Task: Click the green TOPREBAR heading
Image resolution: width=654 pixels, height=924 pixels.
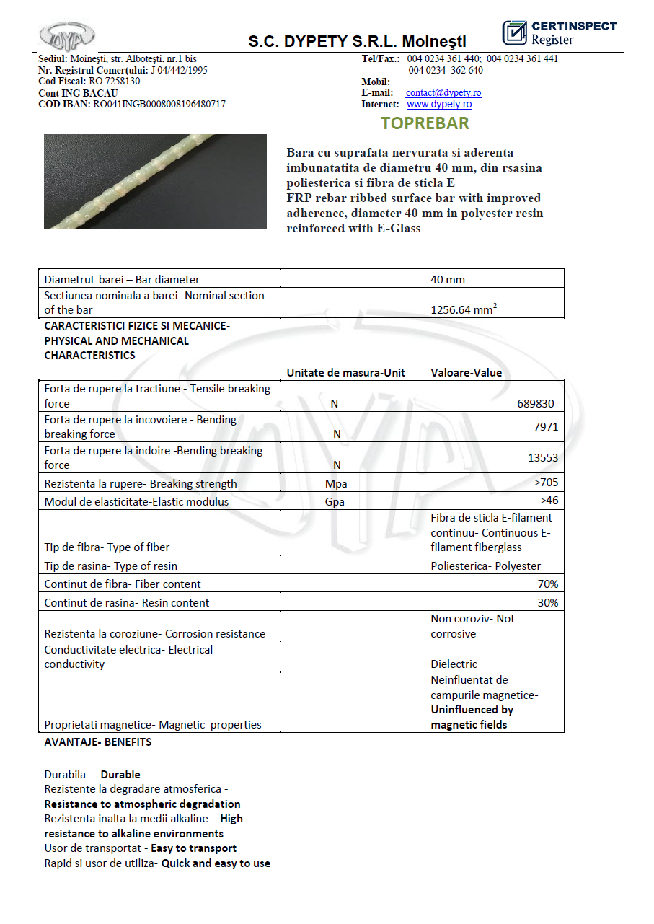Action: coord(425,123)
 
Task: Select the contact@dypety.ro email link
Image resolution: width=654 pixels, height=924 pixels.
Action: coord(443,93)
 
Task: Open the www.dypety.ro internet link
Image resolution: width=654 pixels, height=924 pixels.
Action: coord(439,105)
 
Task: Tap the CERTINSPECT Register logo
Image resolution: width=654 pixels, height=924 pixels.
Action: coord(560,32)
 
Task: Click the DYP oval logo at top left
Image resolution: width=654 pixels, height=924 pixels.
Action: coord(67,35)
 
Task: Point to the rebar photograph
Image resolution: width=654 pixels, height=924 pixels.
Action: coord(155,181)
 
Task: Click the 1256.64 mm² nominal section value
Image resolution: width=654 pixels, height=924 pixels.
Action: coord(464,310)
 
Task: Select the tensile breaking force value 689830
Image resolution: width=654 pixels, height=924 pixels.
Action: coord(536,404)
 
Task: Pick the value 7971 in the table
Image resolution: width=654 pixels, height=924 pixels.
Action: coord(546,426)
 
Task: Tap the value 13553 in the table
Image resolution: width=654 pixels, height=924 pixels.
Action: coord(543,457)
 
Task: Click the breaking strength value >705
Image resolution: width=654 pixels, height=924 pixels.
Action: coord(546,483)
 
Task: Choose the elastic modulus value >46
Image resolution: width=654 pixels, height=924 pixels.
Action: coord(549,501)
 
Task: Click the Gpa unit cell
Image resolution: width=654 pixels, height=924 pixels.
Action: coord(335,502)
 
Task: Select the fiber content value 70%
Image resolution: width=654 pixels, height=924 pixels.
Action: coord(547,584)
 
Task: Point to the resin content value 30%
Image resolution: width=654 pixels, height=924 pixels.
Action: coord(547,602)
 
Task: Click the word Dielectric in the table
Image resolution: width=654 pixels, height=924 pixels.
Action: coord(454,664)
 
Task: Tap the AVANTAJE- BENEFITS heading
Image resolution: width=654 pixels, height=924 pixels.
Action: coord(98,742)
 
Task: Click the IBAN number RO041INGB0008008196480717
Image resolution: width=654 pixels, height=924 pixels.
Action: coord(159,105)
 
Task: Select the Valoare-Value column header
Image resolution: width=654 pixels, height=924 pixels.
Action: coord(466,373)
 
